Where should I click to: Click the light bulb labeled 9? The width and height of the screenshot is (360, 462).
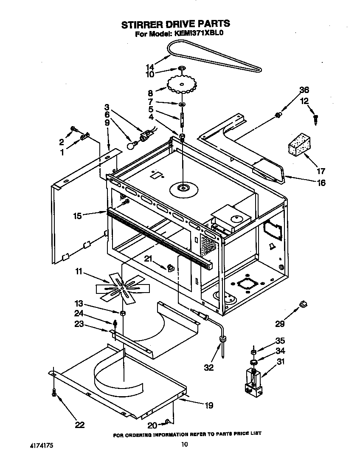click(x=132, y=145)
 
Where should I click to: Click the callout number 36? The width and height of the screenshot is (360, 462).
click(x=304, y=90)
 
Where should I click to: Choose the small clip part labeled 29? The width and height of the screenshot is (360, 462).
click(x=303, y=304)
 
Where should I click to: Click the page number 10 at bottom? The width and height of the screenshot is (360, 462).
click(x=184, y=445)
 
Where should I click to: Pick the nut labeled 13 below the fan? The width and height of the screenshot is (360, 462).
click(x=122, y=313)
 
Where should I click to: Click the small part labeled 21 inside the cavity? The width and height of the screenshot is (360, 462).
click(x=171, y=267)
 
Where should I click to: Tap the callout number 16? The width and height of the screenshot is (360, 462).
click(x=321, y=183)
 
